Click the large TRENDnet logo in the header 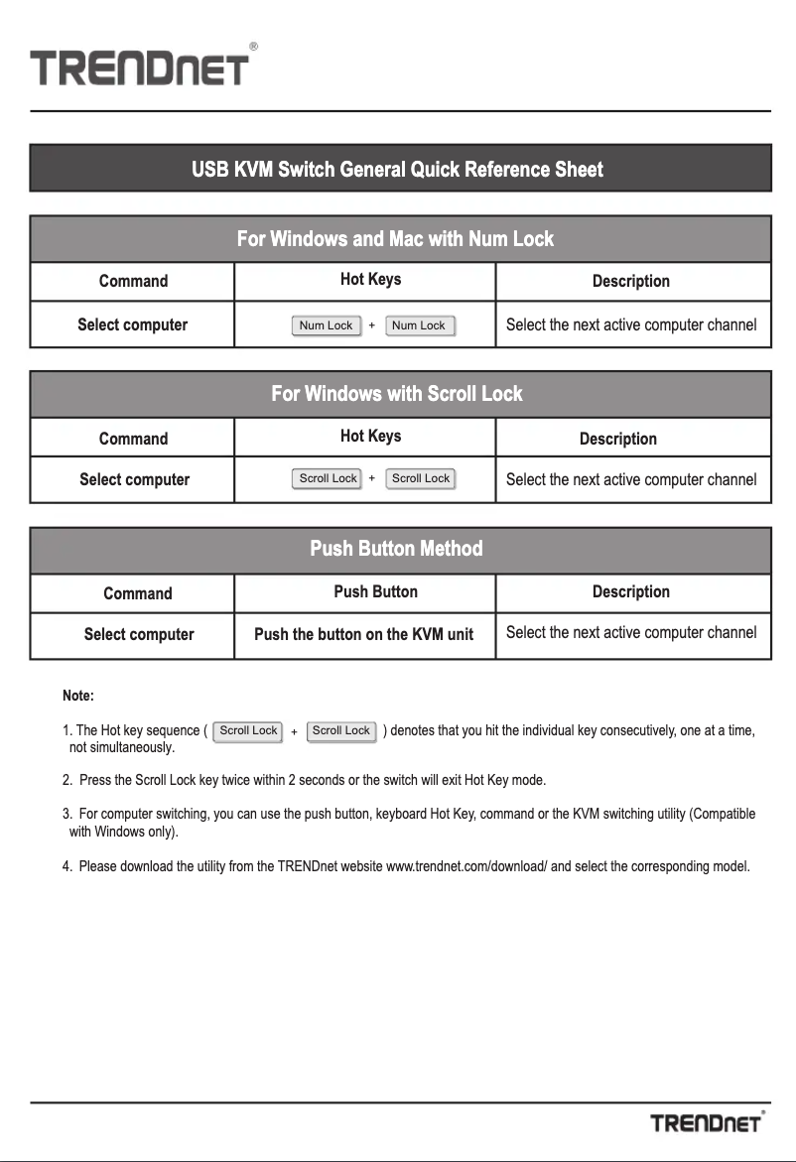click(139, 68)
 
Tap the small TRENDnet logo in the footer click(707, 1122)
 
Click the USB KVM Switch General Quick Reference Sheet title click(397, 170)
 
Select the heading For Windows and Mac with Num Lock click(395, 239)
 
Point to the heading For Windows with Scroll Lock click(397, 394)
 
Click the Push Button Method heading click(396, 549)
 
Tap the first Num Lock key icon click(326, 325)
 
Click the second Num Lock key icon click(418, 325)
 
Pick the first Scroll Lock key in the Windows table click(328, 478)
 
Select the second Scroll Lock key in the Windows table click(420, 478)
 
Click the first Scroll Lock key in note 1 click(248, 731)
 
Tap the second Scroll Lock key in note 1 click(340, 731)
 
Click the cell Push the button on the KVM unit click(364, 634)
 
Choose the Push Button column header click(375, 591)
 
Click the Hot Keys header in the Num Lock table click(370, 280)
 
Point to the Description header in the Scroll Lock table click(617, 439)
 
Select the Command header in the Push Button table click(137, 593)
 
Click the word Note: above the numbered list click(78, 696)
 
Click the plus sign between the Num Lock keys click(371, 325)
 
